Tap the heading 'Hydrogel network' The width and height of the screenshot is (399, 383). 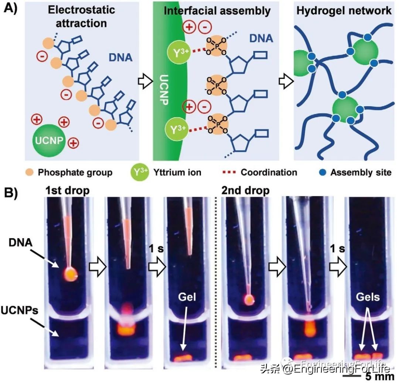(x=344, y=10)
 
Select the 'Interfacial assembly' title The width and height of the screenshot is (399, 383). (x=217, y=11)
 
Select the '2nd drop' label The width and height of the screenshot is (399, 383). (x=246, y=191)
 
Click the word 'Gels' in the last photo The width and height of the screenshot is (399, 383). (x=368, y=297)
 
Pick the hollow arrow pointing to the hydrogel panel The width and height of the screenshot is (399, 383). (x=286, y=81)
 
